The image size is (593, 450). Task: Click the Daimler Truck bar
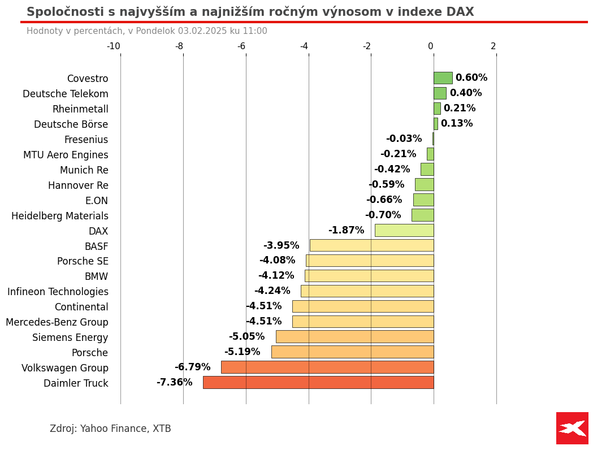(318, 382)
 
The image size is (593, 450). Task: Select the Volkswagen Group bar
(327, 367)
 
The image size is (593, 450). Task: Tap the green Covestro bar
(443, 78)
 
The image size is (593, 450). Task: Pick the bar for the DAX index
(404, 230)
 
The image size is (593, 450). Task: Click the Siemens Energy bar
(354, 336)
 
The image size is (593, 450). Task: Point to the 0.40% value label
(466, 93)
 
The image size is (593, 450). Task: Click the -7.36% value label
(175, 383)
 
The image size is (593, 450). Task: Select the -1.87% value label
(347, 231)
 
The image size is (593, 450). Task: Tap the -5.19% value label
(243, 352)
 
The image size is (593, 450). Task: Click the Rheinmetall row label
(80, 109)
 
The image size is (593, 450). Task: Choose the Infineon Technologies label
(58, 292)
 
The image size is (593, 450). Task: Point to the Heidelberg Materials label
(60, 216)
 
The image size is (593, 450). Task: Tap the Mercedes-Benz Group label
(57, 322)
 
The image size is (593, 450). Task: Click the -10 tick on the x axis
(114, 46)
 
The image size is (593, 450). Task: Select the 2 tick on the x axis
(494, 46)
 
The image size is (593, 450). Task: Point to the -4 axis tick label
(304, 46)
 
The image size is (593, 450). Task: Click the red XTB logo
(572, 428)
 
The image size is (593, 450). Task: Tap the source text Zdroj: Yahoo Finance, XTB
(110, 429)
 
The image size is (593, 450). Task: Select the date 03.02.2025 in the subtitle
(202, 31)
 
